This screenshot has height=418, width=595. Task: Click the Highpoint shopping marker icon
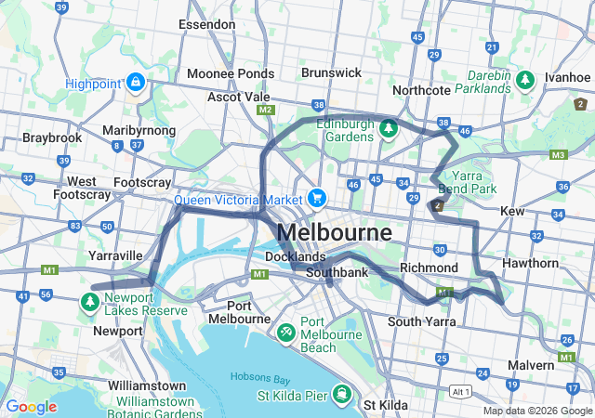(x=137, y=83)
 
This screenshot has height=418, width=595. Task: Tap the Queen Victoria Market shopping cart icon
(x=317, y=198)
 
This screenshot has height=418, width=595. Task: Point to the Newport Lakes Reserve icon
(x=89, y=301)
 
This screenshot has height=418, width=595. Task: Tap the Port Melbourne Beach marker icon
(x=285, y=332)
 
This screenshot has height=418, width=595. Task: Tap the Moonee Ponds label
(x=230, y=73)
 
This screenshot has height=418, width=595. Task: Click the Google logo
(x=31, y=407)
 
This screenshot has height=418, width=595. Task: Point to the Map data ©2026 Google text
(x=536, y=411)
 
